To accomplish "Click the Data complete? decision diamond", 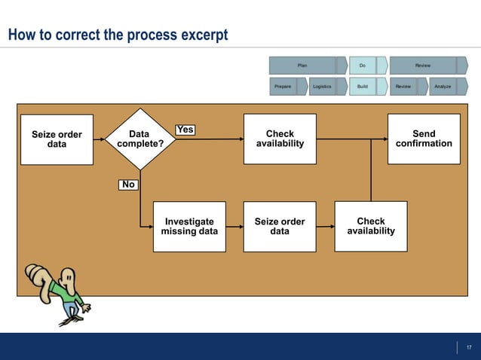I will pyautogui.click(x=139, y=139).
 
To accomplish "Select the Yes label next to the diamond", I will pyautogui.click(x=185, y=130).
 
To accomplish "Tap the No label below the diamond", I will pyautogui.click(x=128, y=184).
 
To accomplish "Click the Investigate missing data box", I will pyautogui.click(x=189, y=226).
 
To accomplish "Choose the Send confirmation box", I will pyautogui.click(x=424, y=139).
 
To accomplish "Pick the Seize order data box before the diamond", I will pyautogui.click(x=57, y=139).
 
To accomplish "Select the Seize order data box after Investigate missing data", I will pyautogui.click(x=280, y=226).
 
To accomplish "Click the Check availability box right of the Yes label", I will pyautogui.click(x=280, y=139).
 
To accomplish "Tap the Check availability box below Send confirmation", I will pyautogui.click(x=370, y=226).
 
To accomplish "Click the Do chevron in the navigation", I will pyautogui.click(x=363, y=66).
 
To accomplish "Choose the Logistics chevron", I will pyautogui.click(x=323, y=87).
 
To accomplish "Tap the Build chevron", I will pyautogui.click(x=363, y=87).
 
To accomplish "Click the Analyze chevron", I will pyautogui.click(x=443, y=87).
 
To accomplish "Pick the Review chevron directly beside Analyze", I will pyautogui.click(x=404, y=87).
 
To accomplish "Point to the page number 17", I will pyautogui.click(x=469, y=346).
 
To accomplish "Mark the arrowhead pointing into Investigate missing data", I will pyautogui.click(x=149, y=226).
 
